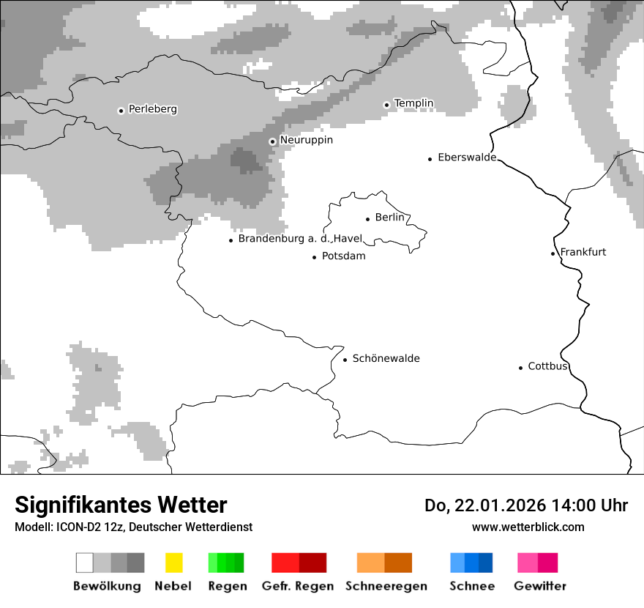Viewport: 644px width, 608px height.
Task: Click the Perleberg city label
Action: (152, 109)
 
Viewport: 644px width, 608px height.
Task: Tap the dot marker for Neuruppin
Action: (272, 141)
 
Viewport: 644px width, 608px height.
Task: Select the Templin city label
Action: (413, 103)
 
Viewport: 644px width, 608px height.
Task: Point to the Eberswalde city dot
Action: (430, 159)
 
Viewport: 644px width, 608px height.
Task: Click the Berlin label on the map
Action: (389, 218)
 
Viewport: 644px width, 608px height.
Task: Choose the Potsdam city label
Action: (343, 256)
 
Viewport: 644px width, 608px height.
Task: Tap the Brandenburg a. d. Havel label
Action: (300, 239)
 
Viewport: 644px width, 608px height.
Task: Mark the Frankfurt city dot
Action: (553, 253)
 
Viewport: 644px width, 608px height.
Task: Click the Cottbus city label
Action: (547, 366)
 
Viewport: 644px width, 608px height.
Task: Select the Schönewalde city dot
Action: (345, 360)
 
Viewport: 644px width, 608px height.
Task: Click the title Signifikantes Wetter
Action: (121, 505)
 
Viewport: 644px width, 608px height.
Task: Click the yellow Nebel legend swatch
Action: (173, 563)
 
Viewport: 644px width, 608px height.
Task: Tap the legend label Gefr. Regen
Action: (297, 586)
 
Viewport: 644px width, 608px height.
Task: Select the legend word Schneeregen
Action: (386, 586)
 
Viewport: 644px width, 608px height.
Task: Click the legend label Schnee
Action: (471, 586)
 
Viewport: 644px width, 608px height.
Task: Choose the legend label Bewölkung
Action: (107, 586)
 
